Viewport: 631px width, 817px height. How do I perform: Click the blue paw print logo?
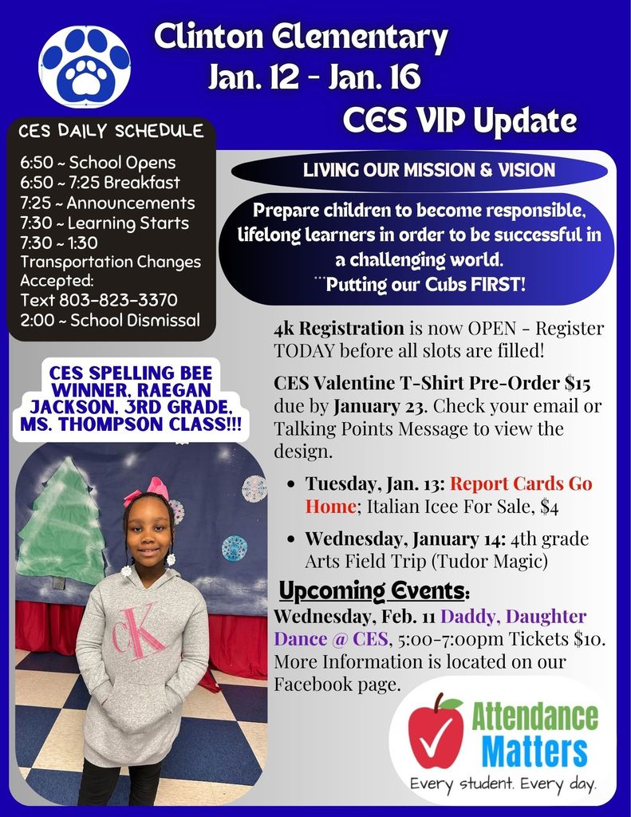(x=85, y=65)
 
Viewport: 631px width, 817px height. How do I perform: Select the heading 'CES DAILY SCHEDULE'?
(x=111, y=131)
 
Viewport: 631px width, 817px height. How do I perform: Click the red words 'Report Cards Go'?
(x=521, y=484)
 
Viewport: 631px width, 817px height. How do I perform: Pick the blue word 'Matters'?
(x=534, y=752)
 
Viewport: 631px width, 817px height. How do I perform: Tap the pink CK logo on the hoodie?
(x=139, y=630)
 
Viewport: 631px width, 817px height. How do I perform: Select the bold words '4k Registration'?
(x=339, y=328)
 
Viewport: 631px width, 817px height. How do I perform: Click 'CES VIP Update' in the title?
(x=459, y=120)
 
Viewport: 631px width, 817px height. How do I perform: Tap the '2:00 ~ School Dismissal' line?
(x=110, y=321)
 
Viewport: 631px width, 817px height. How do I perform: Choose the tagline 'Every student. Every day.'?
(x=503, y=785)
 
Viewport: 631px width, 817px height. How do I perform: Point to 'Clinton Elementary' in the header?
(x=301, y=37)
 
